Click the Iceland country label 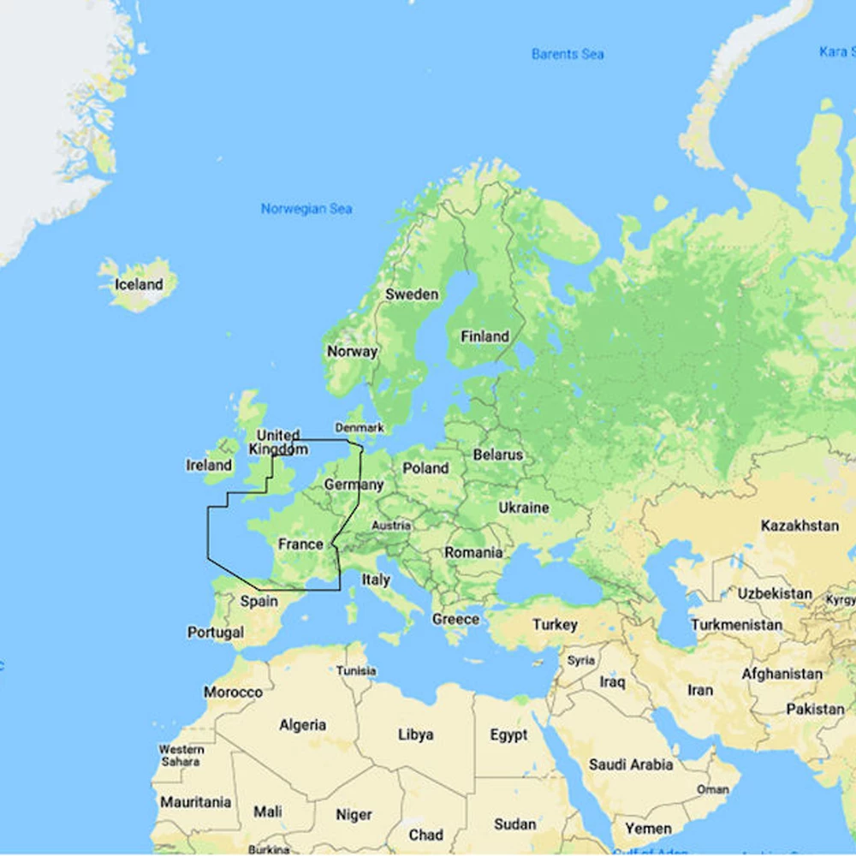[x=139, y=284]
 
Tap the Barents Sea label [x=568, y=54]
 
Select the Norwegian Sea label [x=306, y=209]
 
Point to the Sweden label [x=412, y=294]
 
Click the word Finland [x=484, y=336]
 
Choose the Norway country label [x=352, y=351]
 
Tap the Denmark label [x=360, y=427]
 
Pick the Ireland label [x=209, y=465]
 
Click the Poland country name [x=425, y=468]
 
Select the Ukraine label [x=523, y=508]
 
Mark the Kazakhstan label [x=800, y=526]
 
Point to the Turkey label [x=555, y=625]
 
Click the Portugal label [x=216, y=633]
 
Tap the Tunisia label [x=356, y=670]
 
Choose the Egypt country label [x=509, y=735]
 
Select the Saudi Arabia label [x=631, y=764]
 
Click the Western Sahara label [x=181, y=755]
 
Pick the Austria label [x=391, y=526]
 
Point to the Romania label [x=473, y=553]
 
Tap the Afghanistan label [x=782, y=674]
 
